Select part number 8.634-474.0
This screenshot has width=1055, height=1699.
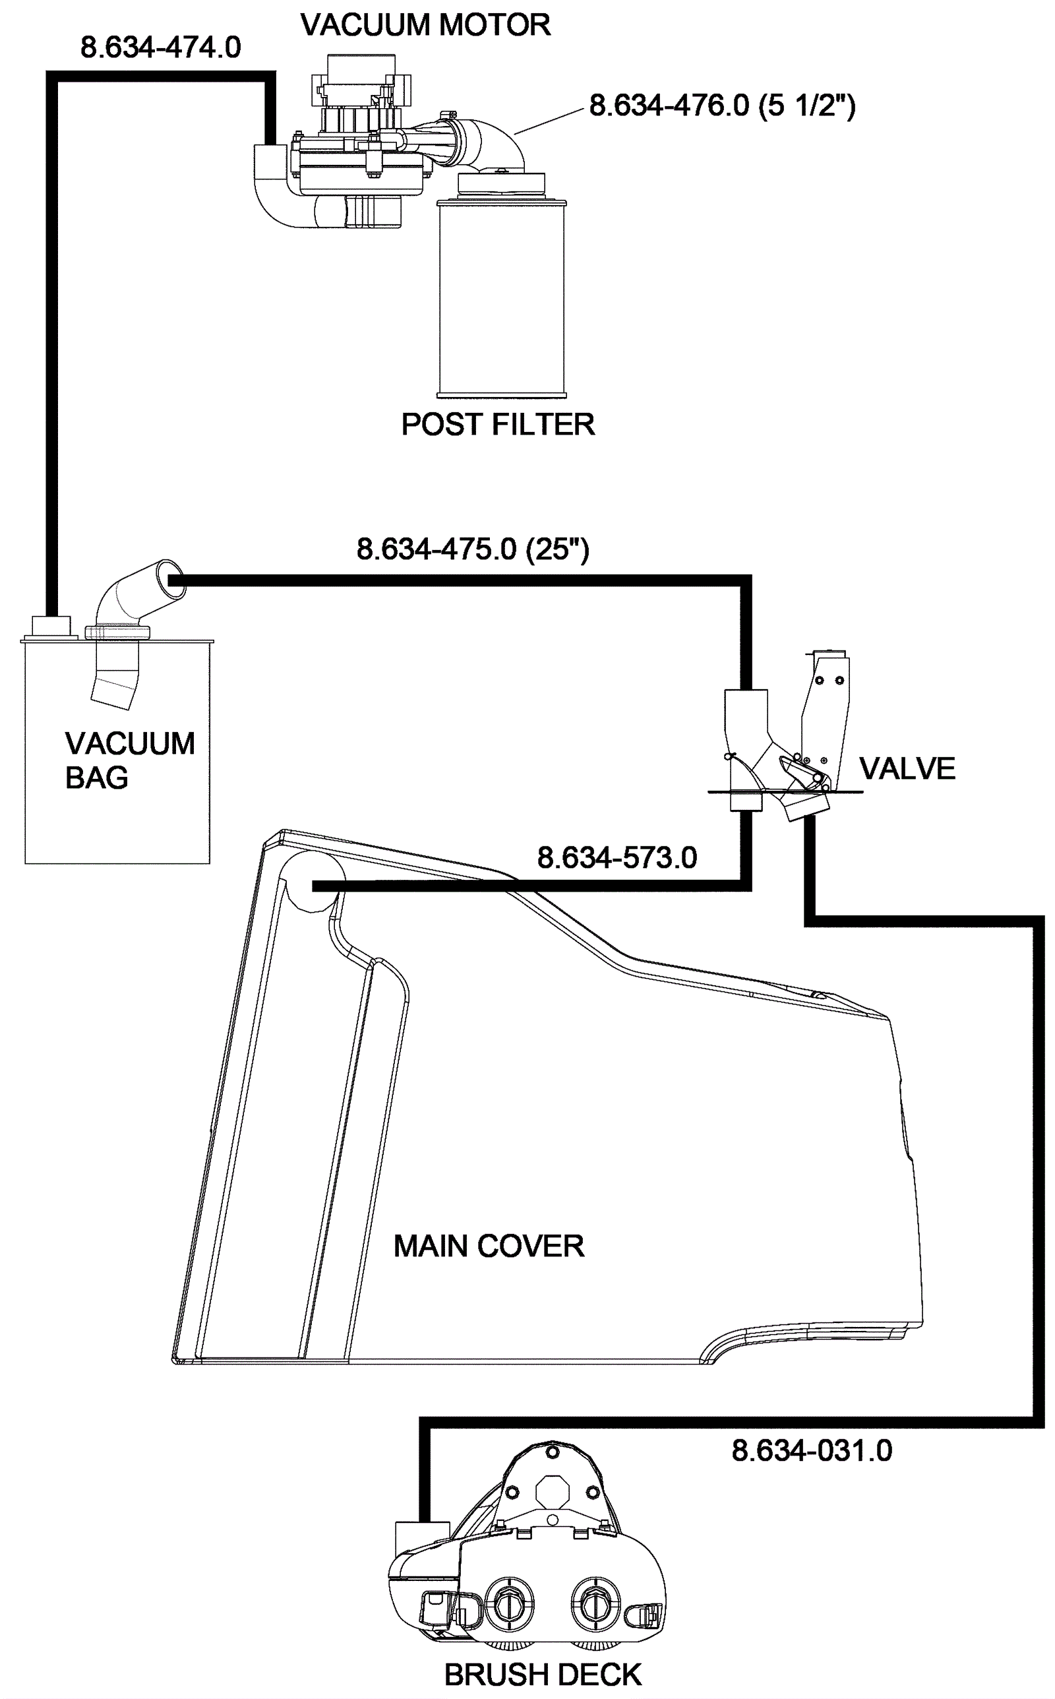(160, 47)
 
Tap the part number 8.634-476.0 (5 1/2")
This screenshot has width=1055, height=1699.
(722, 106)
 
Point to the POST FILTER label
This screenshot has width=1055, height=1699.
(497, 424)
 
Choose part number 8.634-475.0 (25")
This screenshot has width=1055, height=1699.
(472, 549)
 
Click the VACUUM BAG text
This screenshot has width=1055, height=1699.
(130, 760)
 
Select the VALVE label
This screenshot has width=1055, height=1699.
(907, 769)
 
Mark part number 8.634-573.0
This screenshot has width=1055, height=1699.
(617, 857)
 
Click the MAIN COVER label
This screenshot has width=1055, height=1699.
(489, 1246)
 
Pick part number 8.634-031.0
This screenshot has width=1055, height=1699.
(812, 1450)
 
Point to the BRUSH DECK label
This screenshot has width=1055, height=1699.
(543, 1675)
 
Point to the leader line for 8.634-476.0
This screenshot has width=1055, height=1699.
(549, 121)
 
